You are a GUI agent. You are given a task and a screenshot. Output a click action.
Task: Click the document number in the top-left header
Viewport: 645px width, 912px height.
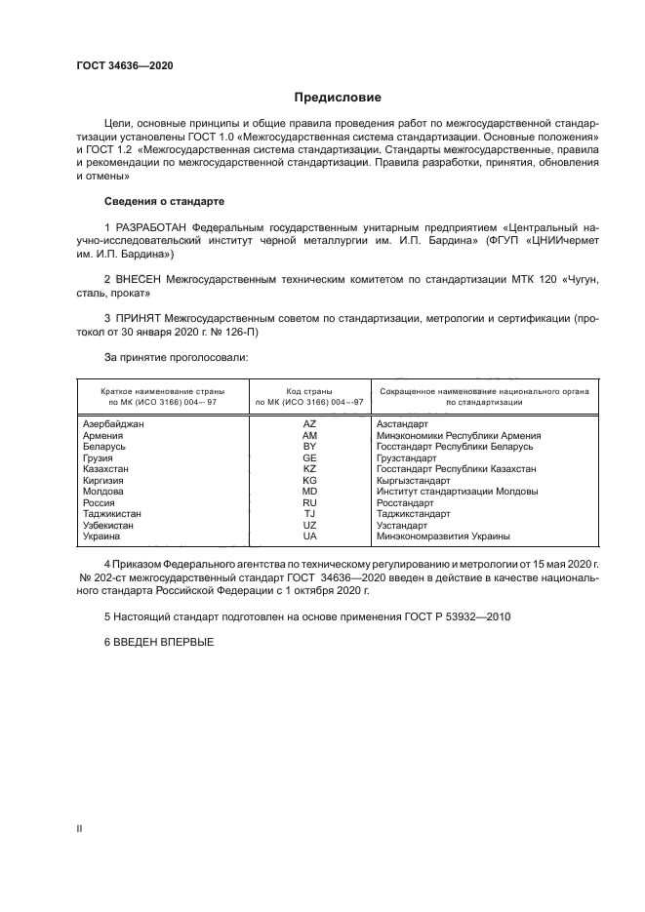[x=124, y=66]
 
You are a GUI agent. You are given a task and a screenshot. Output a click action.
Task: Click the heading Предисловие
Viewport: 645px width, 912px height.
[x=337, y=98]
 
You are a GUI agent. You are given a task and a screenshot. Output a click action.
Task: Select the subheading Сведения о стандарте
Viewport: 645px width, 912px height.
[x=164, y=201]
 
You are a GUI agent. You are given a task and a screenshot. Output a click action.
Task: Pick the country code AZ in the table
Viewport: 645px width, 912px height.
[x=309, y=424]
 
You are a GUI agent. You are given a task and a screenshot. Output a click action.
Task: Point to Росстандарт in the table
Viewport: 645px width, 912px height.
[x=406, y=502]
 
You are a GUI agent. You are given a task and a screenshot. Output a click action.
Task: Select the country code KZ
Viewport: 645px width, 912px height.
[x=309, y=469]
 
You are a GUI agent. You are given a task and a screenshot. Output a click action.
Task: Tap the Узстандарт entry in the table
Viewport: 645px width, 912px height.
[x=403, y=525]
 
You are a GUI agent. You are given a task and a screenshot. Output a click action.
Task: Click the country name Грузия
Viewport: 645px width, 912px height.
[x=99, y=457]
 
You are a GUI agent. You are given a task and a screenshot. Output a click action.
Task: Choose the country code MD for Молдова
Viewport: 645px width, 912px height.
[x=309, y=492]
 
